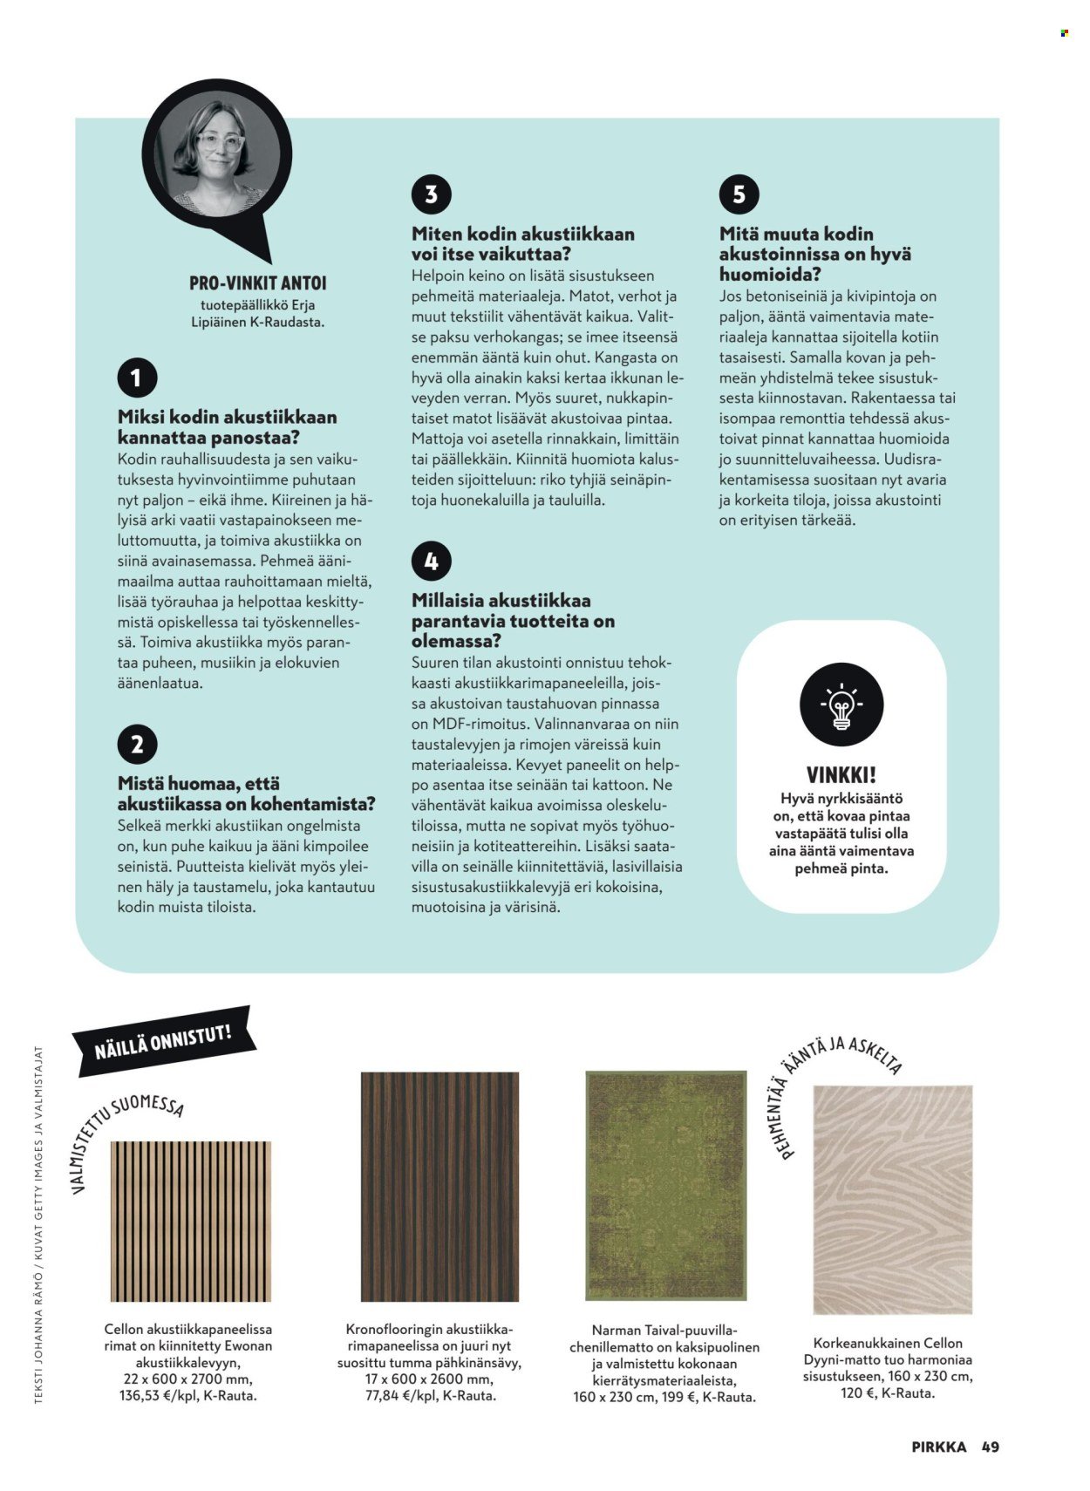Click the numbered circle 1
pyautogui.click(x=137, y=378)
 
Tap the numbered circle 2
pyautogui.click(x=137, y=745)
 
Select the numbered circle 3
pyautogui.click(x=431, y=194)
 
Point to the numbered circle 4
pyautogui.click(x=431, y=561)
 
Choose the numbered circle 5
pyautogui.click(x=739, y=194)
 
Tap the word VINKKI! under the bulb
pyautogui.click(x=841, y=774)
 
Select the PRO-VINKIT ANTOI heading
pyautogui.click(x=257, y=283)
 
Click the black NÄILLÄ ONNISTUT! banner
pyautogui.click(x=164, y=1041)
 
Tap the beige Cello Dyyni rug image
pyautogui.click(x=892, y=1199)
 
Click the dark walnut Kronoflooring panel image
pyautogui.click(x=439, y=1187)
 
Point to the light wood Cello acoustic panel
pyautogui.click(x=190, y=1221)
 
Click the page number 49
pyautogui.click(x=990, y=1447)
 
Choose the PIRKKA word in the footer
pyautogui.click(x=938, y=1447)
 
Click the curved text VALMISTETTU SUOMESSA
pyautogui.click(x=122, y=1134)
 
